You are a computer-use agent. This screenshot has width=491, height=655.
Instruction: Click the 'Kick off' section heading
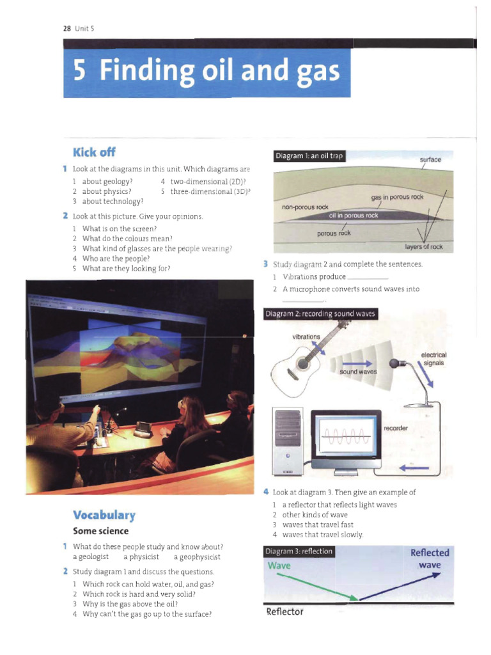[x=94, y=152]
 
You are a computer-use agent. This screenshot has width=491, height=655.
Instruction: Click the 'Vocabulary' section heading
[x=104, y=515]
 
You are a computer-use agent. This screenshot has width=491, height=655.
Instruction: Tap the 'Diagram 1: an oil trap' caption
[x=309, y=156]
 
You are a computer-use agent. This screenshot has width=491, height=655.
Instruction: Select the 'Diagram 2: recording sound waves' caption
[x=320, y=313]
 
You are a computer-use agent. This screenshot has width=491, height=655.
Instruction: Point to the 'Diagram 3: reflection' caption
[x=299, y=551]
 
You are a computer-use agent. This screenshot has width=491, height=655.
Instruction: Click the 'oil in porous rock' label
[x=354, y=216]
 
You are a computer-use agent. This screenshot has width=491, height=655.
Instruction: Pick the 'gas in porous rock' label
[x=397, y=197]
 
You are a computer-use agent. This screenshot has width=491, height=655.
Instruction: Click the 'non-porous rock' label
[x=305, y=207]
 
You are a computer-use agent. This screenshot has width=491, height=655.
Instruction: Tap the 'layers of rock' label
[x=424, y=246]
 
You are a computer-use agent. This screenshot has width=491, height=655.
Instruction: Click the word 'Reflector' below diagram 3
[x=284, y=612]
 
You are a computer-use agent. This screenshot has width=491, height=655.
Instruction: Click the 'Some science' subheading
[x=100, y=531]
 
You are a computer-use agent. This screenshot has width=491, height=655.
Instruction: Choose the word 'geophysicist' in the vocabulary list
[x=197, y=557]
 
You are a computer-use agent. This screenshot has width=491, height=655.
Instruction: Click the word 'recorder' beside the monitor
[x=396, y=427]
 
